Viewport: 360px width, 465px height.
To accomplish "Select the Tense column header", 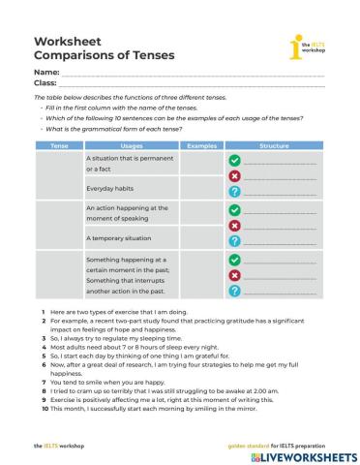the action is coord(58,145).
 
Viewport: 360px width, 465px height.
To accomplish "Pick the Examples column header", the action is coord(201,145).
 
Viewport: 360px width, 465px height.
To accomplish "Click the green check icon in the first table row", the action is coord(234,161).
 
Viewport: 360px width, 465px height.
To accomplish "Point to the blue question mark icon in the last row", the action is coord(234,291).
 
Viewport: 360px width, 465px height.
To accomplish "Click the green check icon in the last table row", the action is coord(234,260).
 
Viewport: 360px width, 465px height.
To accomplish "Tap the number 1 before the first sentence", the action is coord(43,312).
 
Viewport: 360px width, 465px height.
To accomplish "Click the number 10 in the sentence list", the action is coord(45,407).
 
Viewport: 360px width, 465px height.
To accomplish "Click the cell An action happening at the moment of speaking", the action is coord(127,213).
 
